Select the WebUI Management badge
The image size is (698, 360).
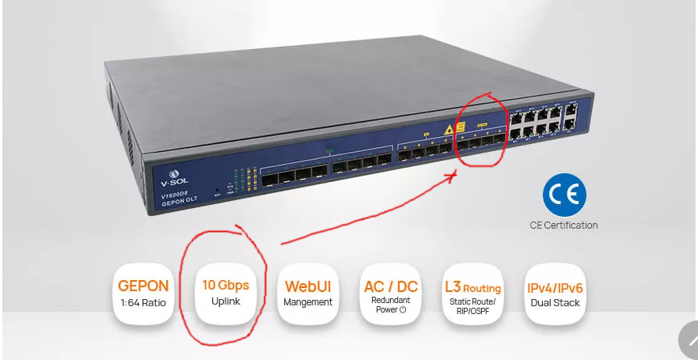(x=308, y=294)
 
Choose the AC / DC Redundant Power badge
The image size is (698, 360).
(x=391, y=295)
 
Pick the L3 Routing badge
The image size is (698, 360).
(x=472, y=295)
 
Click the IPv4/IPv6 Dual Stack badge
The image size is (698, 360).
(x=555, y=294)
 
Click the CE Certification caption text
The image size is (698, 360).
(x=564, y=225)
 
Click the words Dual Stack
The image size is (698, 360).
(x=555, y=302)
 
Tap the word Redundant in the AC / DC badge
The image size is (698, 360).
(x=391, y=300)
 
